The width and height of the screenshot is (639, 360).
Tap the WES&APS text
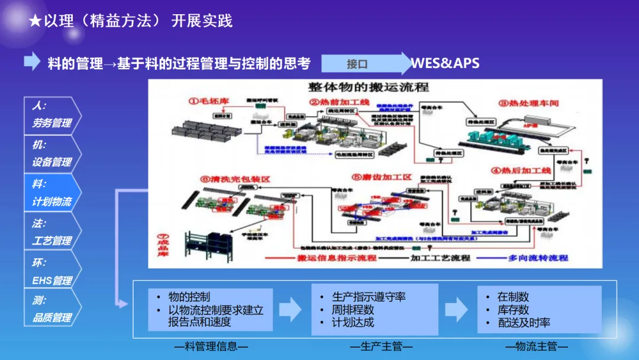coord(445,63)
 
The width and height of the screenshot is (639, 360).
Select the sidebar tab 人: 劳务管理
coord(52,115)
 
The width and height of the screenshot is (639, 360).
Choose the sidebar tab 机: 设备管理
coord(52,153)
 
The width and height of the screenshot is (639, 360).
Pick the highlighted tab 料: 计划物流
coord(52,193)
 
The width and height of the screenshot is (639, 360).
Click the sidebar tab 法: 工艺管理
coord(52,232)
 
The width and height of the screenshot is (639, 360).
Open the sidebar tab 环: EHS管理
coord(52,271)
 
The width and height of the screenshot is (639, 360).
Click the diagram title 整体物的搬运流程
coord(368,88)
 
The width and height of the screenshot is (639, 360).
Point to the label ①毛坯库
coord(208,102)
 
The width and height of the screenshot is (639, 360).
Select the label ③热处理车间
coord(528,103)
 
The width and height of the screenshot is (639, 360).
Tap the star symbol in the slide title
coord(35,21)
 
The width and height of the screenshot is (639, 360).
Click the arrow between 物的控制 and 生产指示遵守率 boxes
coord(290,309)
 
